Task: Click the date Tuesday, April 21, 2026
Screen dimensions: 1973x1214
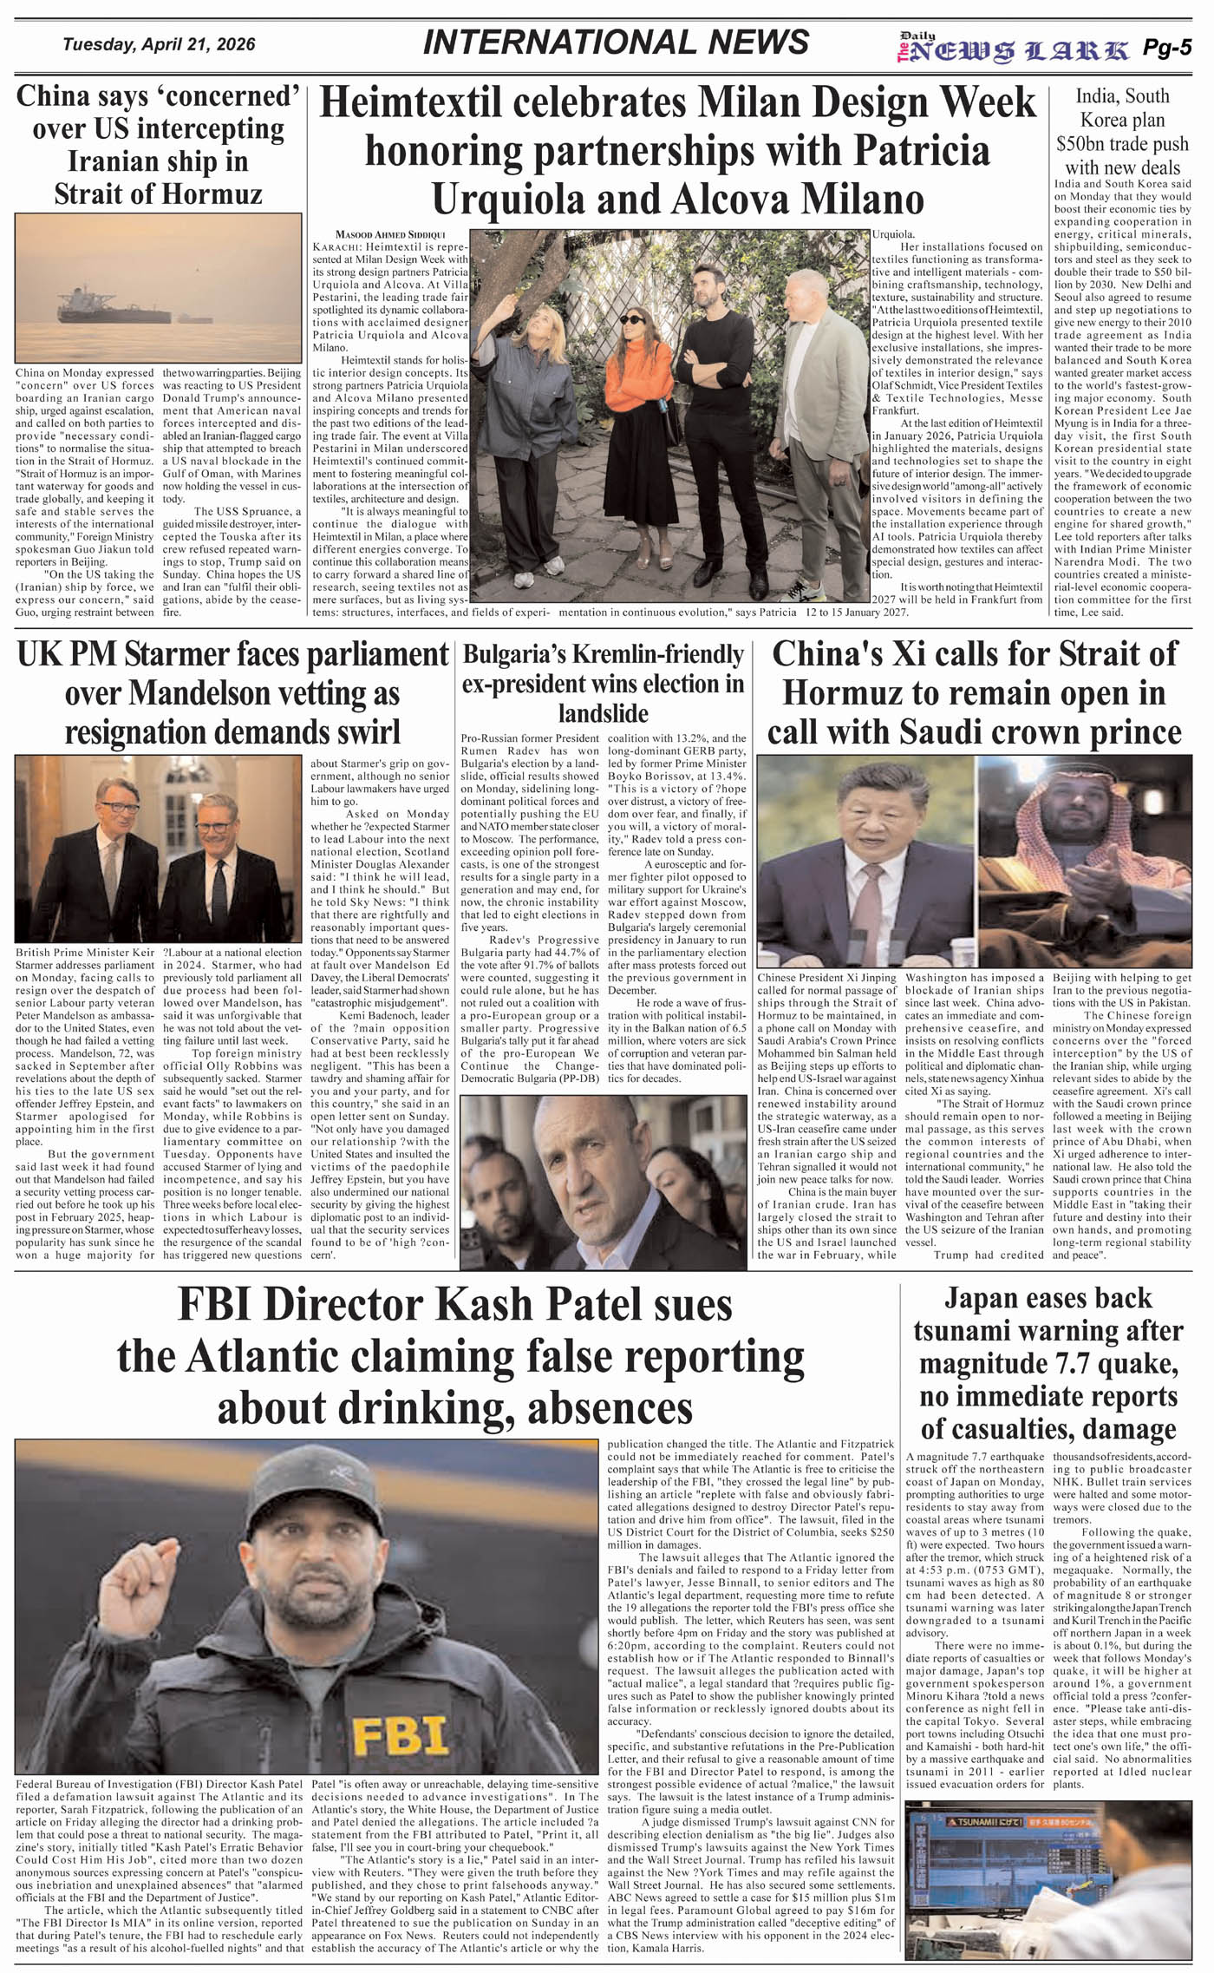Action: pos(159,44)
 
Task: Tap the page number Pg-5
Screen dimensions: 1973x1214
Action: pos(1167,49)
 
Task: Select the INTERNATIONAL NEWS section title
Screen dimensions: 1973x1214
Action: pos(616,43)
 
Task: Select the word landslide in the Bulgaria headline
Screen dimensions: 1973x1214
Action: pos(604,712)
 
